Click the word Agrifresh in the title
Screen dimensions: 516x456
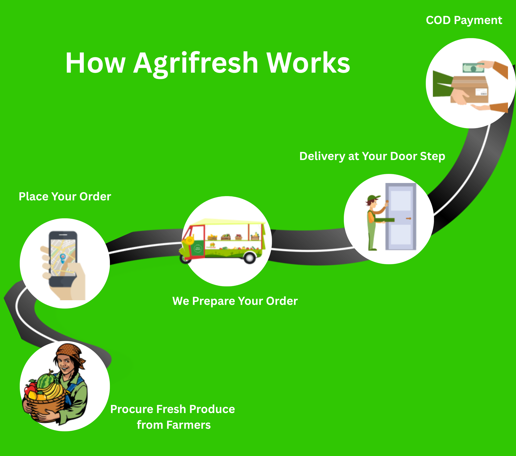click(196, 64)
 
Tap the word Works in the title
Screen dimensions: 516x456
click(308, 63)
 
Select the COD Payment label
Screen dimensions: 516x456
click(464, 20)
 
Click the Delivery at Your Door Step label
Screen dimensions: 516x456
click(372, 156)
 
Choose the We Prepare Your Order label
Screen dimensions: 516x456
click(235, 301)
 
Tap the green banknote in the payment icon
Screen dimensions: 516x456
click(473, 68)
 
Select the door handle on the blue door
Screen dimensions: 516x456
click(408, 218)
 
